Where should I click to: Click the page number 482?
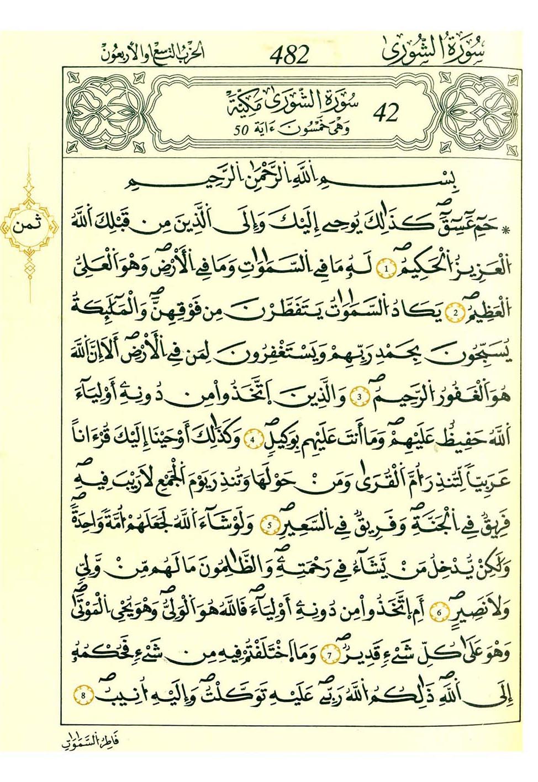tap(289, 55)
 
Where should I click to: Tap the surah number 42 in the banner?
tap(386, 113)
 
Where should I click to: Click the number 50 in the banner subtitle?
tap(241, 131)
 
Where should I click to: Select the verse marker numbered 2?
tap(456, 313)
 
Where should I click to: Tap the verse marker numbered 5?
tap(269, 525)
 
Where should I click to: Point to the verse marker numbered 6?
tap(440, 612)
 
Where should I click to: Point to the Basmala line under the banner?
tap(287, 185)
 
